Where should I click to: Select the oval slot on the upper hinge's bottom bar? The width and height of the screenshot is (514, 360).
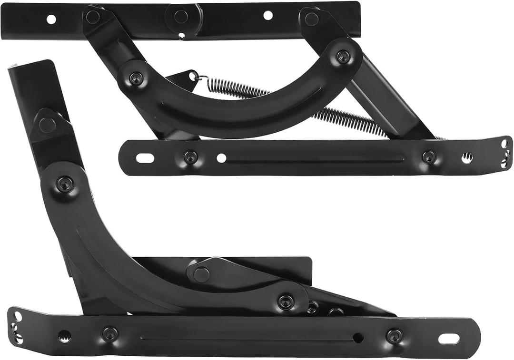(145, 158)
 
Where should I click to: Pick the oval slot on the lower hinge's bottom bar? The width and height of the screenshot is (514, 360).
(449, 339)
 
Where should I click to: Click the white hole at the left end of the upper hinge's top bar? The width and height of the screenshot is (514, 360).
(51, 19)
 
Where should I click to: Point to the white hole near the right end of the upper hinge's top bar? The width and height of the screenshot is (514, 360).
(268, 15)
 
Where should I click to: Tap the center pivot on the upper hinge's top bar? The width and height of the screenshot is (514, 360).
(180, 17)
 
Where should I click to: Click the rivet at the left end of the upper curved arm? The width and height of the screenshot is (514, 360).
(136, 78)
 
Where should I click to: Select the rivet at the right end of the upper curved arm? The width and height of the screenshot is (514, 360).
(343, 57)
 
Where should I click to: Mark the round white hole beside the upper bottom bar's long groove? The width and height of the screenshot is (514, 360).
(221, 158)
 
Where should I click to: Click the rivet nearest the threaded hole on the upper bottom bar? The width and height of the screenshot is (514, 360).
(429, 156)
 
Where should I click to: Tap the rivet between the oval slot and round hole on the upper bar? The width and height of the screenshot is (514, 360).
(190, 156)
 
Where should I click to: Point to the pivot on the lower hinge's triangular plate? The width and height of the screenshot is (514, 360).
(47, 125)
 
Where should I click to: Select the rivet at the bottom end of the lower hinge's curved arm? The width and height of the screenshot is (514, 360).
(286, 301)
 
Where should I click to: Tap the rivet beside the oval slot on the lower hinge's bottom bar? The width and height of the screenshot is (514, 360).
(395, 336)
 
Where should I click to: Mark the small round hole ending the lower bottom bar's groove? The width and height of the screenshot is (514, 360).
(358, 338)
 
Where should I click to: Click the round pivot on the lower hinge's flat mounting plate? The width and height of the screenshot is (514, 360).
(201, 274)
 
